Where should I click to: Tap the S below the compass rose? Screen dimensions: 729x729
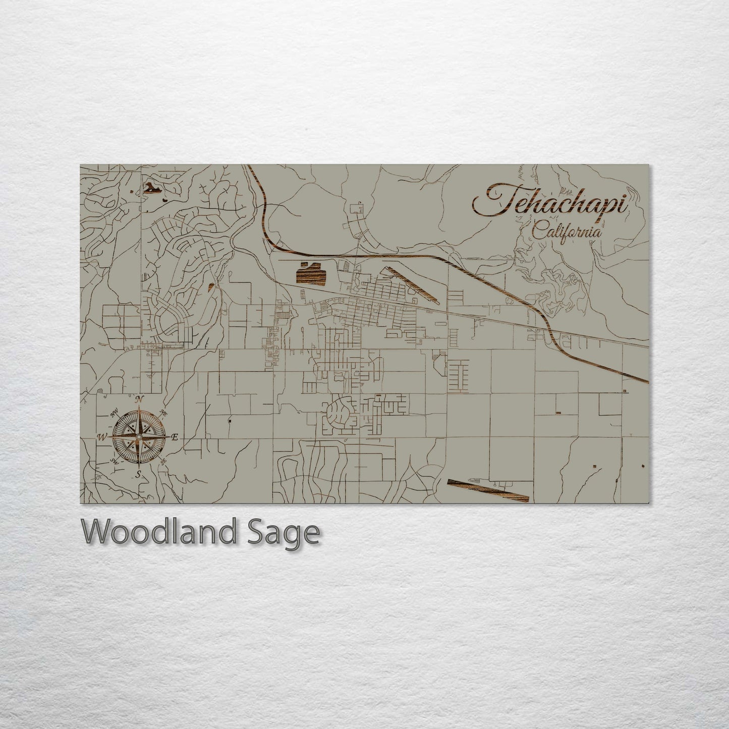[138, 474]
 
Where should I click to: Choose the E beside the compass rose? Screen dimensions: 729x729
[175, 437]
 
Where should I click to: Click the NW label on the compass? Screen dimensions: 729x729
[114, 415]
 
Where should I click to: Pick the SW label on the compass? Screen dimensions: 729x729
[114, 461]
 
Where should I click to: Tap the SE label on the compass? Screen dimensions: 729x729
[163, 461]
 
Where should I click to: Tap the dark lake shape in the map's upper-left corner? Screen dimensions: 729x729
[153, 189]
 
